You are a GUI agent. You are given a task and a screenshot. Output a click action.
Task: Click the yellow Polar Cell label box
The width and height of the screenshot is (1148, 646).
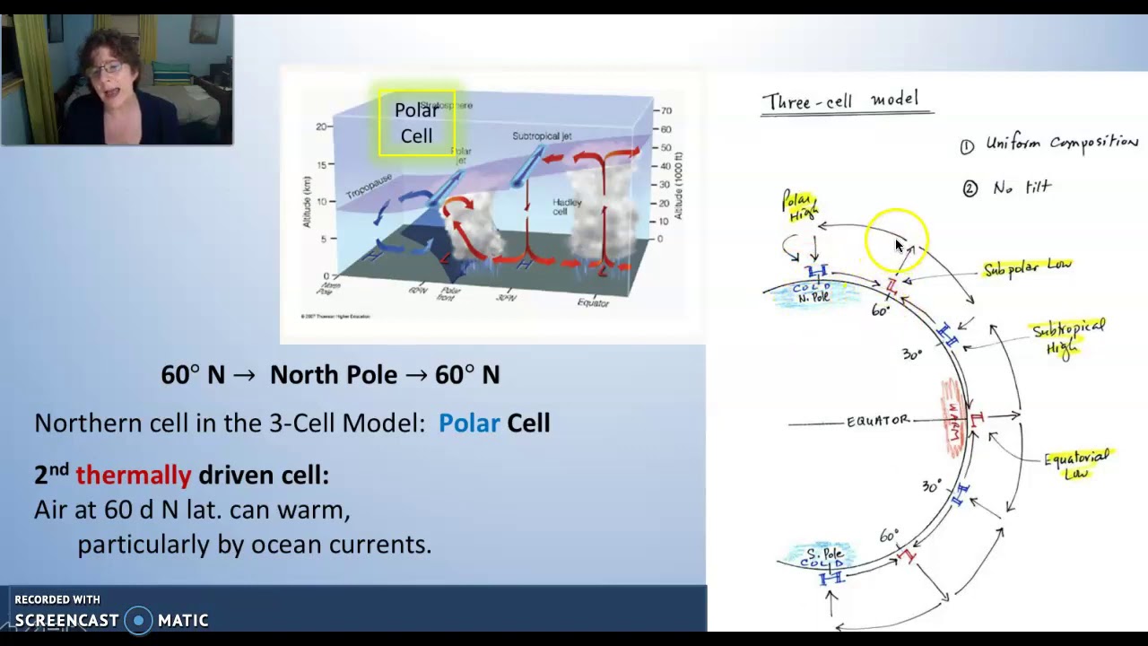click(416, 123)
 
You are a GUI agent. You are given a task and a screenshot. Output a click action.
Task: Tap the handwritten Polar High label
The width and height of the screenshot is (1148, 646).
click(799, 206)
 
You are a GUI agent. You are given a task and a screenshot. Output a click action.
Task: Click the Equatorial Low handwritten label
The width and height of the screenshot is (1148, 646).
click(1076, 464)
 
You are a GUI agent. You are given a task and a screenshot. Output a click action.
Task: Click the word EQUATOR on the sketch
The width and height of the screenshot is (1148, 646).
click(877, 421)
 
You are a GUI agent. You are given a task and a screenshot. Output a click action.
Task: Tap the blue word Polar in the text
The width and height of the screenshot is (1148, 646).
click(468, 423)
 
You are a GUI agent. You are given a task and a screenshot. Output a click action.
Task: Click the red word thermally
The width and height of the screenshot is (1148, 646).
click(133, 475)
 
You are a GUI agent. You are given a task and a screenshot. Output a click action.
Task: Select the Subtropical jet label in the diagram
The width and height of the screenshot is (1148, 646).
click(542, 136)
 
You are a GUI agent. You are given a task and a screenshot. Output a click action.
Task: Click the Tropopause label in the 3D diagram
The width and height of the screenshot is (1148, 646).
click(369, 188)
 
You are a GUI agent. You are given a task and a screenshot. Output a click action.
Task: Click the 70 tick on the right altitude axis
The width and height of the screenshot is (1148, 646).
click(665, 111)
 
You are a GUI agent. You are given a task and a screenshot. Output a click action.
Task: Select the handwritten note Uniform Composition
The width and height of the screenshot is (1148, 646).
click(1061, 144)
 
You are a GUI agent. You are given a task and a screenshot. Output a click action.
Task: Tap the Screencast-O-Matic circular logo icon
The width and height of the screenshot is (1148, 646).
click(138, 620)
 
